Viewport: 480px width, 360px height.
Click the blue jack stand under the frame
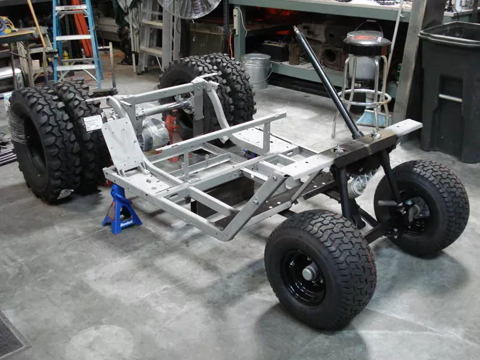pyautogui.click(x=121, y=210)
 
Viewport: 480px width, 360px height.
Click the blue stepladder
pyautogui.click(x=77, y=42)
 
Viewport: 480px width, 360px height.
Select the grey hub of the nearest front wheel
pyautogui.click(x=309, y=274)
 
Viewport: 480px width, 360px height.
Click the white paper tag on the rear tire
pyautogui.click(x=93, y=123)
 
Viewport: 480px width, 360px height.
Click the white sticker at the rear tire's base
pyautogui.click(x=65, y=193)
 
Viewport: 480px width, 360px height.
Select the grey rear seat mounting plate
pyautogui.click(x=123, y=144)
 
